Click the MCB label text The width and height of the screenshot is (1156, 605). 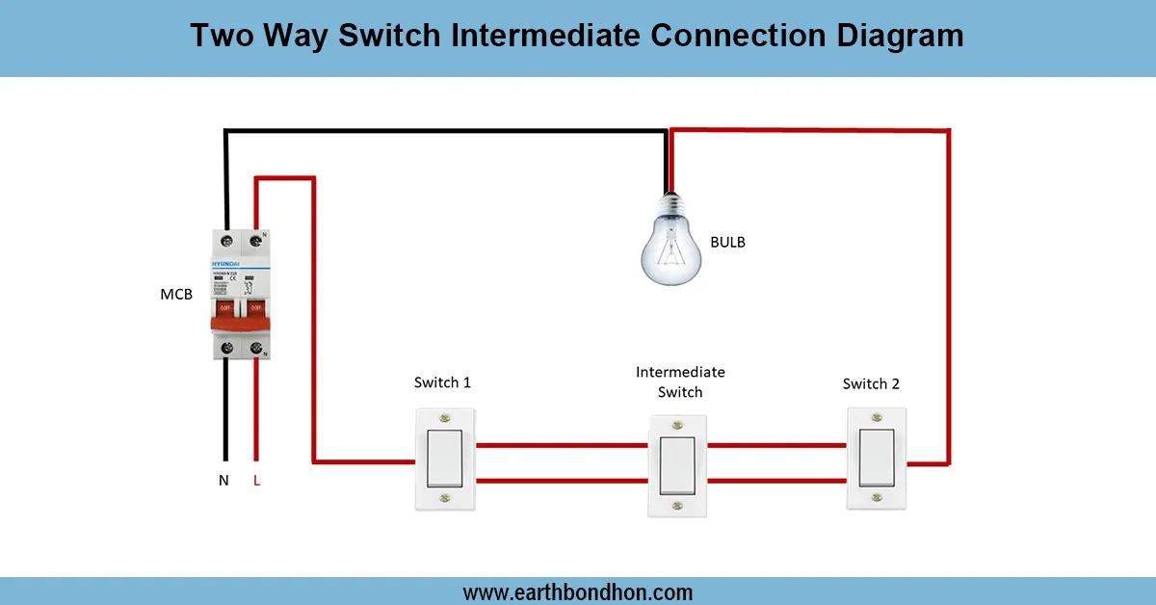point(175,294)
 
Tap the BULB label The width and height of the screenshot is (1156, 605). point(727,242)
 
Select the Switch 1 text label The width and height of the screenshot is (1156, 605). point(442,382)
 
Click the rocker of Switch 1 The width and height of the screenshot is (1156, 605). point(444,459)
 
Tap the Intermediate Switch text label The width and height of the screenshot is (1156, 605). point(680,381)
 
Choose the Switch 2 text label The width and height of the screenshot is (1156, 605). point(871,383)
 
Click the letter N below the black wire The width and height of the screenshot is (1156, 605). point(223,480)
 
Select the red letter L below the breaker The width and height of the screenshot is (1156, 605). point(256,480)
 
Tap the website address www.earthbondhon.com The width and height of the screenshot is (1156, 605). point(577,592)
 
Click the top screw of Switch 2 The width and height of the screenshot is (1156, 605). point(877,417)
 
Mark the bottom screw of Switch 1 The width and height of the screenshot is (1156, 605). point(444,499)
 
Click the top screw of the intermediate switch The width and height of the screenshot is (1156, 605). point(678,424)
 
